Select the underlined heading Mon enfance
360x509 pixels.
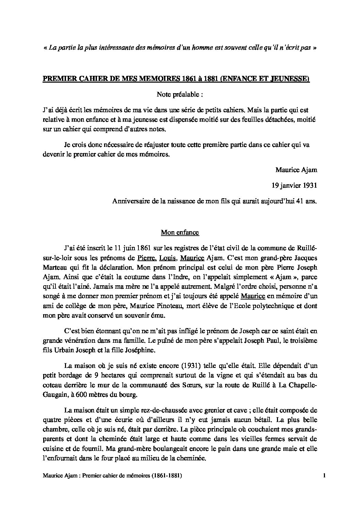point(180,233)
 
